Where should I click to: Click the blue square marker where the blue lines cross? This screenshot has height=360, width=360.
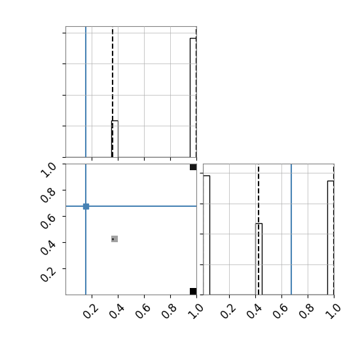[x=86, y=206]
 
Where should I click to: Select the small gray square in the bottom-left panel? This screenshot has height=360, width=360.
[x=115, y=239]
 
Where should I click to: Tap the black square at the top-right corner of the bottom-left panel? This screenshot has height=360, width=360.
[x=193, y=167]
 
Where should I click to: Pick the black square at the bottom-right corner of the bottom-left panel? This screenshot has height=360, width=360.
[x=193, y=291]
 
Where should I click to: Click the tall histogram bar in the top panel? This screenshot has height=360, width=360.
[x=193, y=98]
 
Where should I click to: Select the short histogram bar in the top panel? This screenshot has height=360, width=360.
[x=115, y=139]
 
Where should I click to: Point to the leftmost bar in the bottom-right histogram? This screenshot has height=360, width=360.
[x=206, y=235]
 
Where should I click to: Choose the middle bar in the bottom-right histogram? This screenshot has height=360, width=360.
[x=259, y=259]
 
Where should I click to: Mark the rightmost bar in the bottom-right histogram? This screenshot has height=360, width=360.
[x=331, y=238]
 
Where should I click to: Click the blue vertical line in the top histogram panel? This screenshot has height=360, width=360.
[x=86, y=92]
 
